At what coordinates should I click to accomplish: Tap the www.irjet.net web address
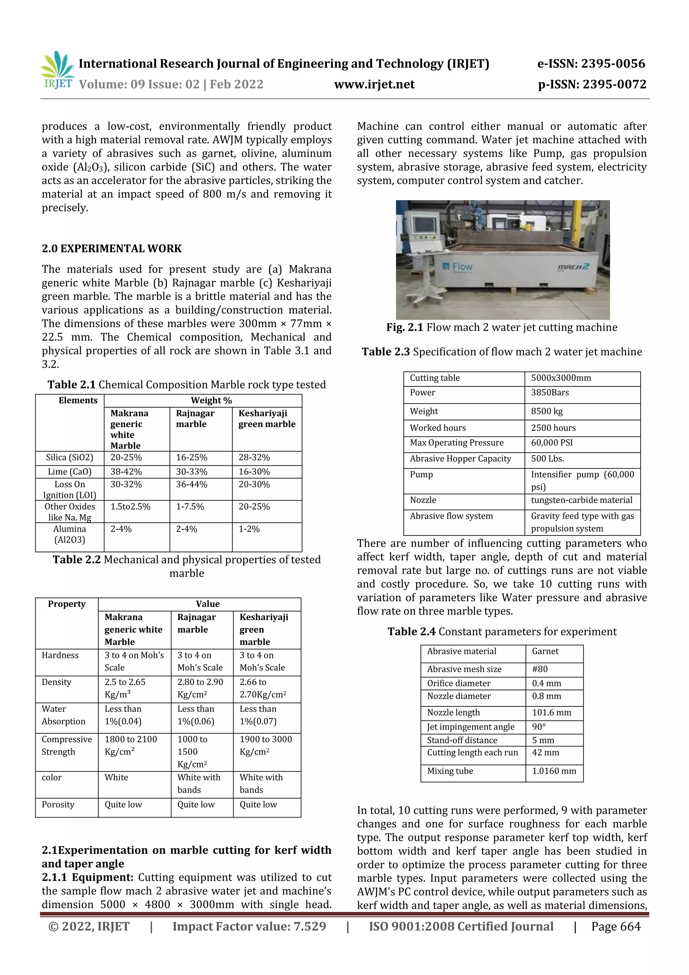point(374,84)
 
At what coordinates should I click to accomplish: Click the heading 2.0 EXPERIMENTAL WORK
point(112,248)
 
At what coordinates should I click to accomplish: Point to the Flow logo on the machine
point(457,267)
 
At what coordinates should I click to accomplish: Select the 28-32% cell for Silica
point(254,457)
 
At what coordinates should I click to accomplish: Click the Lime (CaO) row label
point(70,472)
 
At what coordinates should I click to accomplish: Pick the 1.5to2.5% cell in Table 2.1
point(130,507)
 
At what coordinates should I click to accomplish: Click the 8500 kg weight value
point(546,411)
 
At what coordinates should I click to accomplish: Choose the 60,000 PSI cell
point(551,443)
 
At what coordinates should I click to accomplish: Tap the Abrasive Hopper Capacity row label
point(460,459)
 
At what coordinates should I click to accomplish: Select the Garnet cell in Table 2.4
point(545,651)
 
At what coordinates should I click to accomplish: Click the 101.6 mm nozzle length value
point(551,712)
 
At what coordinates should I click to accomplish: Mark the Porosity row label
point(58,804)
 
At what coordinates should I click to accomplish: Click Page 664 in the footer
point(616,926)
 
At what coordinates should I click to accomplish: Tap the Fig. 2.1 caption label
point(405,327)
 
